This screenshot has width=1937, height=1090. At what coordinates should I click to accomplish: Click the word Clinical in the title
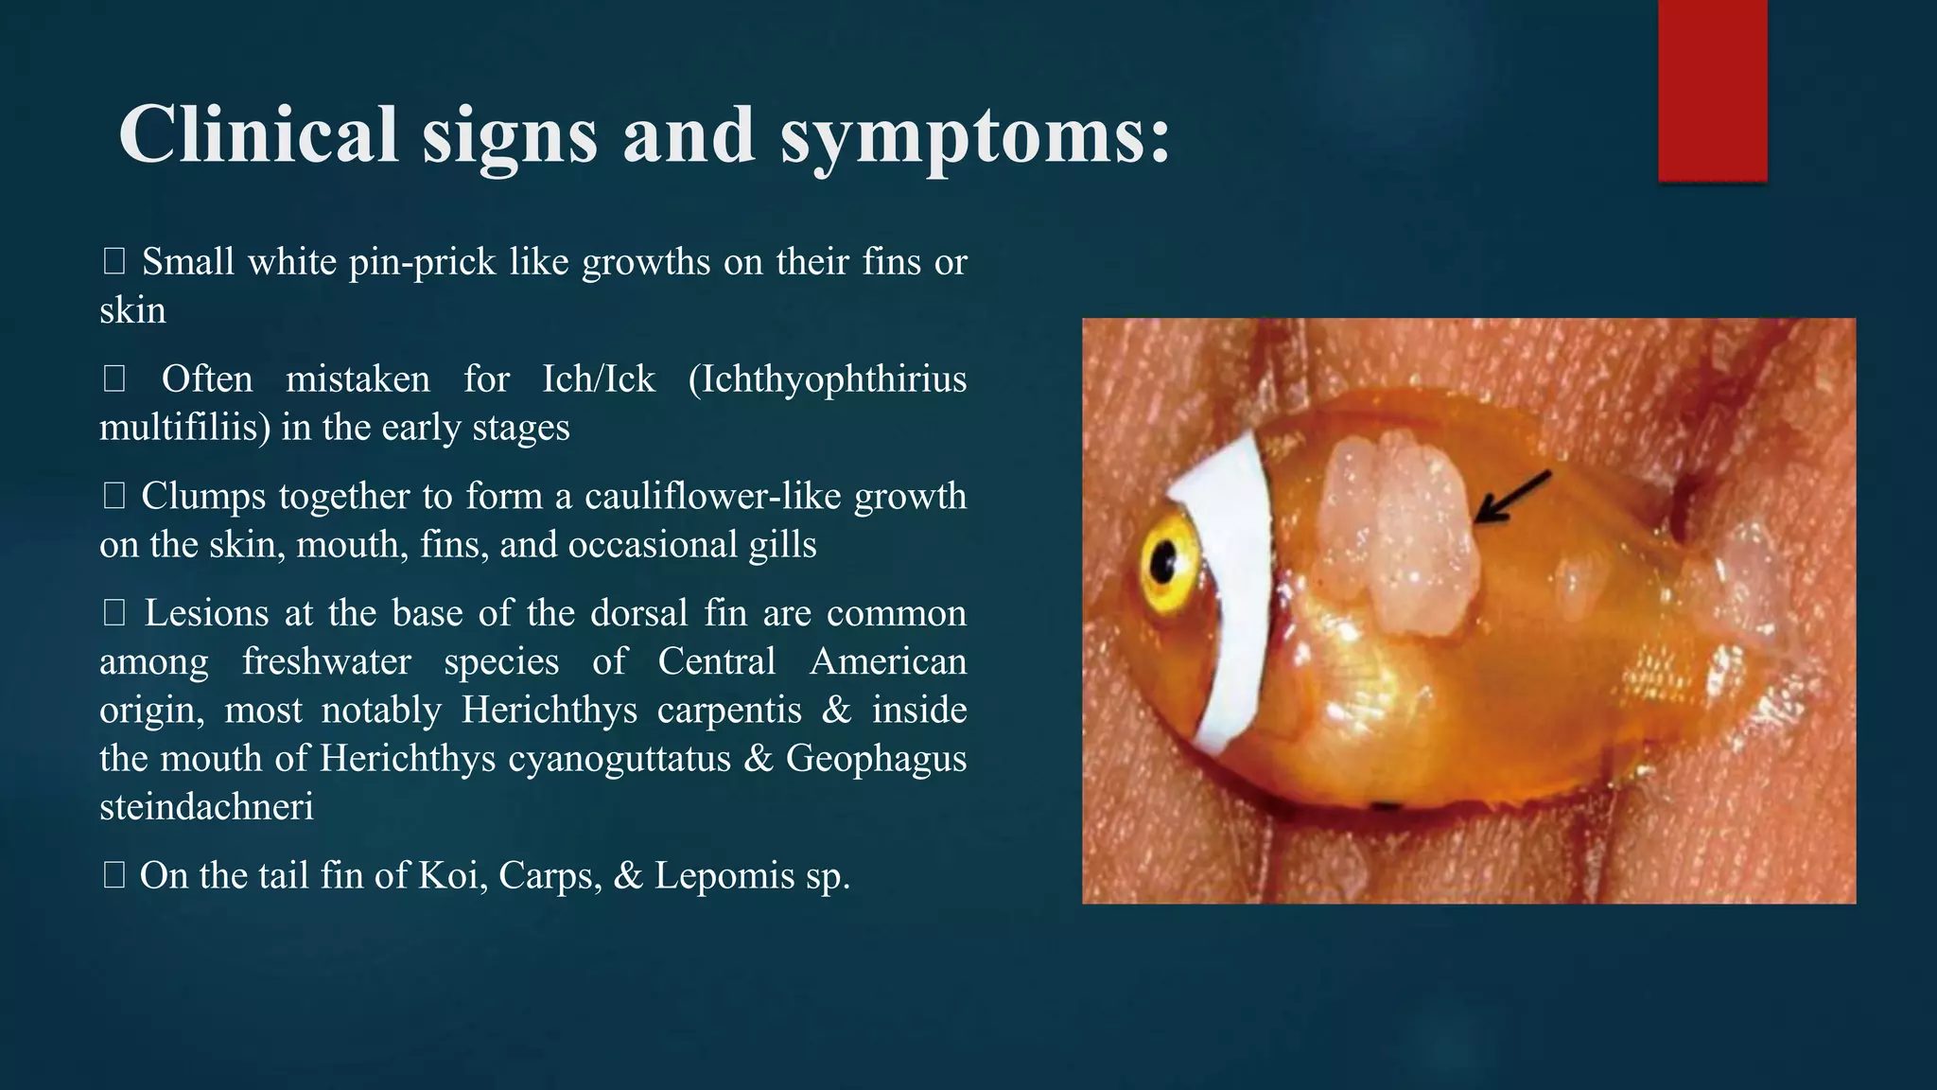tap(258, 134)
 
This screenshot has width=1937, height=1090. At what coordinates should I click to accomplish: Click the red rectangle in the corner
tap(1712, 90)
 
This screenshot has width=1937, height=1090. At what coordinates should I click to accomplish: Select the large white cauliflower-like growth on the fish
tap(1400, 535)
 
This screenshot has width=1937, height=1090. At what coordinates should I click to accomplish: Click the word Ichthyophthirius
tap(827, 379)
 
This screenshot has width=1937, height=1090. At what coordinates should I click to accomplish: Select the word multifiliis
tap(179, 428)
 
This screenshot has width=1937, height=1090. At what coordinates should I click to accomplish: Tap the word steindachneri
tap(206, 807)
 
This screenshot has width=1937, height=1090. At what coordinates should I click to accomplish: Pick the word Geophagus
tap(876, 759)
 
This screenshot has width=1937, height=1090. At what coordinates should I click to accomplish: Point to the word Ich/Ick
tap(598, 379)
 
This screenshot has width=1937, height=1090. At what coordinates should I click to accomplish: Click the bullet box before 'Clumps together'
tap(113, 496)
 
